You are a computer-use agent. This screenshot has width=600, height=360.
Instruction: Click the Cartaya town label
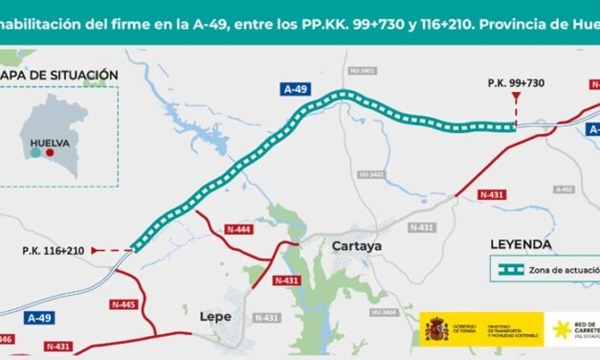[356, 246]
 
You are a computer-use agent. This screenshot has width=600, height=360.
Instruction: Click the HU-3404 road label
[384, 313]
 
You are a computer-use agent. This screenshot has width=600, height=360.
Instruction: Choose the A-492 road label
[563, 190]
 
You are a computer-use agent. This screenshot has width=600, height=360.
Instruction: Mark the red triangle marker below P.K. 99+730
[516, 98]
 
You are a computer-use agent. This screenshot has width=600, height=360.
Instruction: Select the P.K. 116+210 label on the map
[55, 250]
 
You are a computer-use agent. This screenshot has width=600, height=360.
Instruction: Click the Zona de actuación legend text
[564, 271]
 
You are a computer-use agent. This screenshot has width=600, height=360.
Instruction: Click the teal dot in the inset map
[35, 152]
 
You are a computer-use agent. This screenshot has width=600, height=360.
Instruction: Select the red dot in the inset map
[50, 152]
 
